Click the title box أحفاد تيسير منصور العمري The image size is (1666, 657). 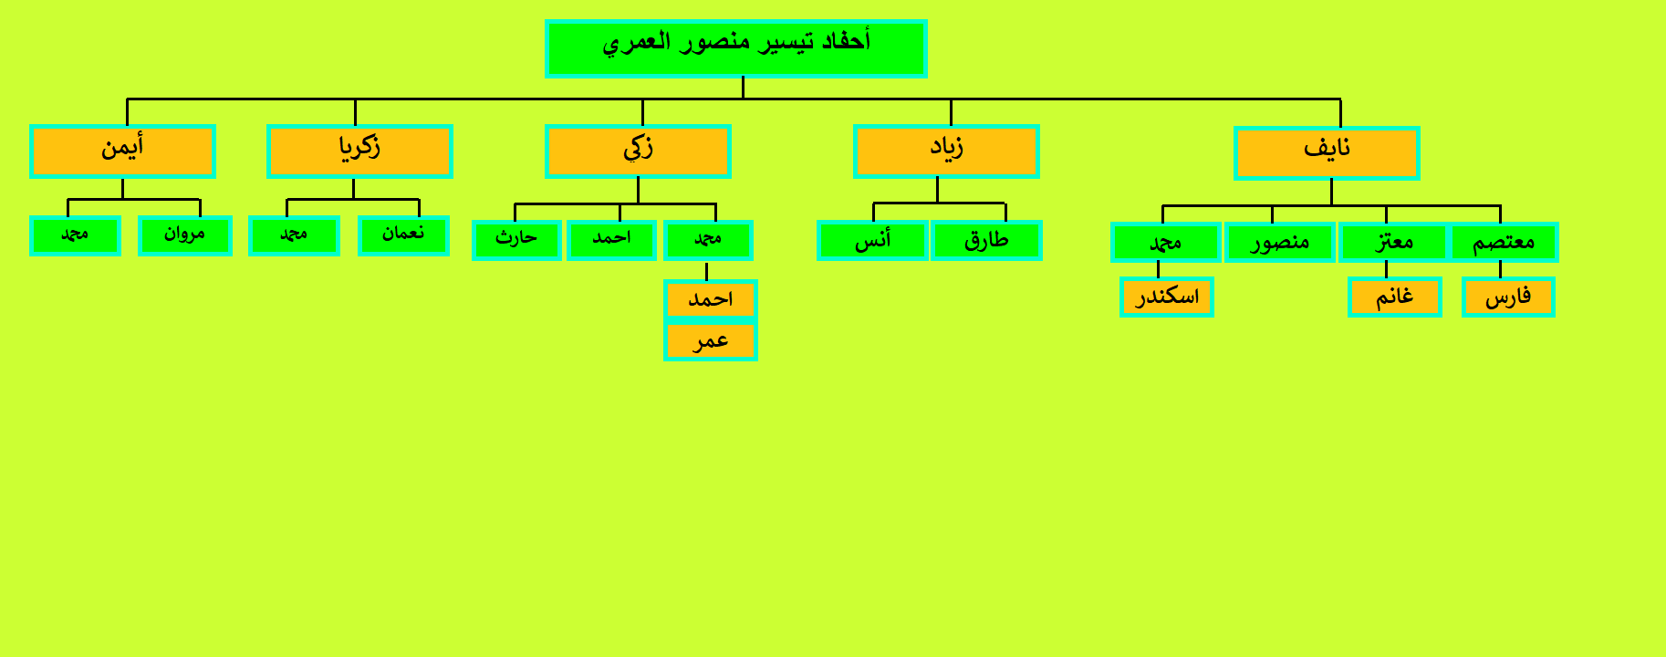(x=736, y=48)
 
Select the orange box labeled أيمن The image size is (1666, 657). (x=122, y=151)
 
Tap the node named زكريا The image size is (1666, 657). (x=359, y=151)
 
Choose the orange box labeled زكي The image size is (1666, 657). (x=638, y=151)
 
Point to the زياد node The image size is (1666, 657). (x=946, y=151)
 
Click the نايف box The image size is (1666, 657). (x=1327, y=153)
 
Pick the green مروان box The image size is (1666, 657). (x=185, y=235)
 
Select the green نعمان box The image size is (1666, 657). (x=403, y=235)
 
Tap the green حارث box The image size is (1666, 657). (x=516, y=240)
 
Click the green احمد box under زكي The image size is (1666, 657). (x=611, y=240)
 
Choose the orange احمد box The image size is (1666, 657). (x=711, y=299)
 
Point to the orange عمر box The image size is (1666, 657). (x=711, y=341)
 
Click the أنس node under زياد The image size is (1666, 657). (x=872, y=241)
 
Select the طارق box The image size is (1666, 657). (x=986, y=241)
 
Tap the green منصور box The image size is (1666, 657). (x=1280, y=243)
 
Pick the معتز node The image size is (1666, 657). (x=1394, y=243)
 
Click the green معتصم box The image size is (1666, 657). (x=1504, y=243)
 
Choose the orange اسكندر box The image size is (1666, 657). (x=1167, y=297)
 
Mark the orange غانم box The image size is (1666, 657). (x=1395, y=297)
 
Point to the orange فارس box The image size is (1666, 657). (x=1508, y=297)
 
